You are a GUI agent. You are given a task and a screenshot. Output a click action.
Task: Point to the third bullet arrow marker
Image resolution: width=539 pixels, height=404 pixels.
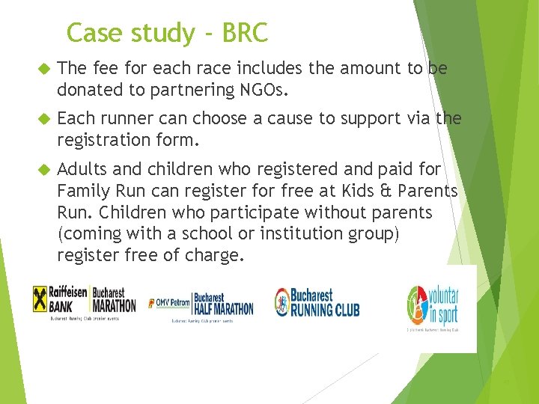(42, 170)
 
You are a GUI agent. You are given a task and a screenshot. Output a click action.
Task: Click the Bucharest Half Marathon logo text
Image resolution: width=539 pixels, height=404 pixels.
(223, 303)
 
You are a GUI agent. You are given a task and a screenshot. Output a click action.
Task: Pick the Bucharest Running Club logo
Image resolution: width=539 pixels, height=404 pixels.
(316, 302)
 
